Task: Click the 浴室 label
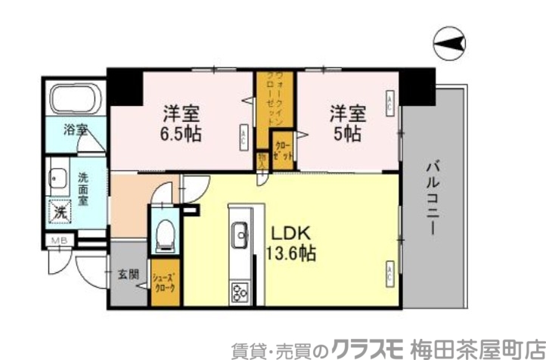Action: tap(76, 129)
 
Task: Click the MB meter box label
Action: tap(57, 242)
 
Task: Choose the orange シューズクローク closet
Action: tap(166, 282)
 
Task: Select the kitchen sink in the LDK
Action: tap(240, 234)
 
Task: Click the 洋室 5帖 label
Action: tap(347, 124)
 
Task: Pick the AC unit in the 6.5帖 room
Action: tap(244, 137)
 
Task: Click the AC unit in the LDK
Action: tap(389, 272)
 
